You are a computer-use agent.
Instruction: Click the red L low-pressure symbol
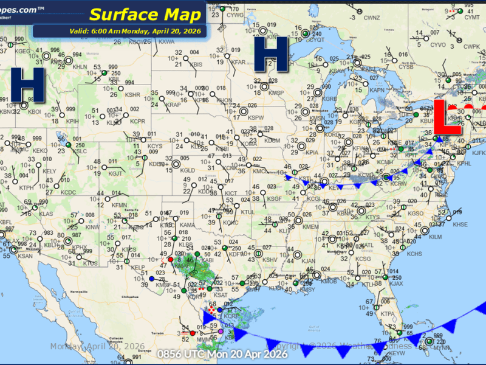[x=448, y=117]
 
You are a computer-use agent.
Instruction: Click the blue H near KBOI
[x=27, y=85]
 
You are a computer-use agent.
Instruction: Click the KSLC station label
[x=81, y=151]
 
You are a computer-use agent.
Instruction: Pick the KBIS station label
[x=196, y=64]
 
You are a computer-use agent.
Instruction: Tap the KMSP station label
[x=276, y=92]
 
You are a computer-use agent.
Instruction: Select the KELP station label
[x=139, y=267]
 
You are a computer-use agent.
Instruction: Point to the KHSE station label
[x=460, y=224]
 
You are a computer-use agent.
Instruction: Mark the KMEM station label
[x=311, y=226]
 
